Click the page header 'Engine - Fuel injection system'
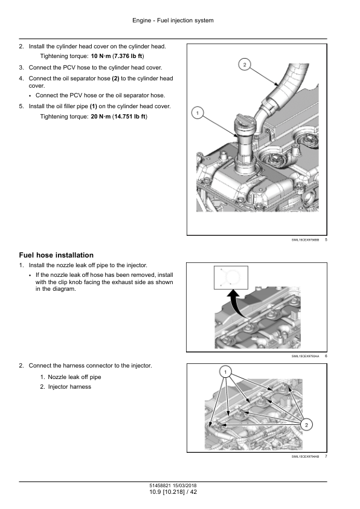tap(173, 21)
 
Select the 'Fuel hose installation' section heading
tap(56, 255)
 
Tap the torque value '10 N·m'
tap(100, 56)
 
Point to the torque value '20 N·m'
tap(100, 117)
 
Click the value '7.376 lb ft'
tap(128, 56)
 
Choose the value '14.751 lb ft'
tap(130, 117)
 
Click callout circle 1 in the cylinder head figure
tap(198, 113)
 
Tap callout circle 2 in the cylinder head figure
tap(245, 65)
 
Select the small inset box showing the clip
tap(231, 277)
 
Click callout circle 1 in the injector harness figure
tap(225, 372)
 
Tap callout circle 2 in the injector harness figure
tap(306, 424)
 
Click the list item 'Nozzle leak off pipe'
tap(74, 377)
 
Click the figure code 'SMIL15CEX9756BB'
tap(305, 240)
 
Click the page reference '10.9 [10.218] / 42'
tap(173, 492)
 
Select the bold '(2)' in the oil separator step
tap(115, 79)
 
